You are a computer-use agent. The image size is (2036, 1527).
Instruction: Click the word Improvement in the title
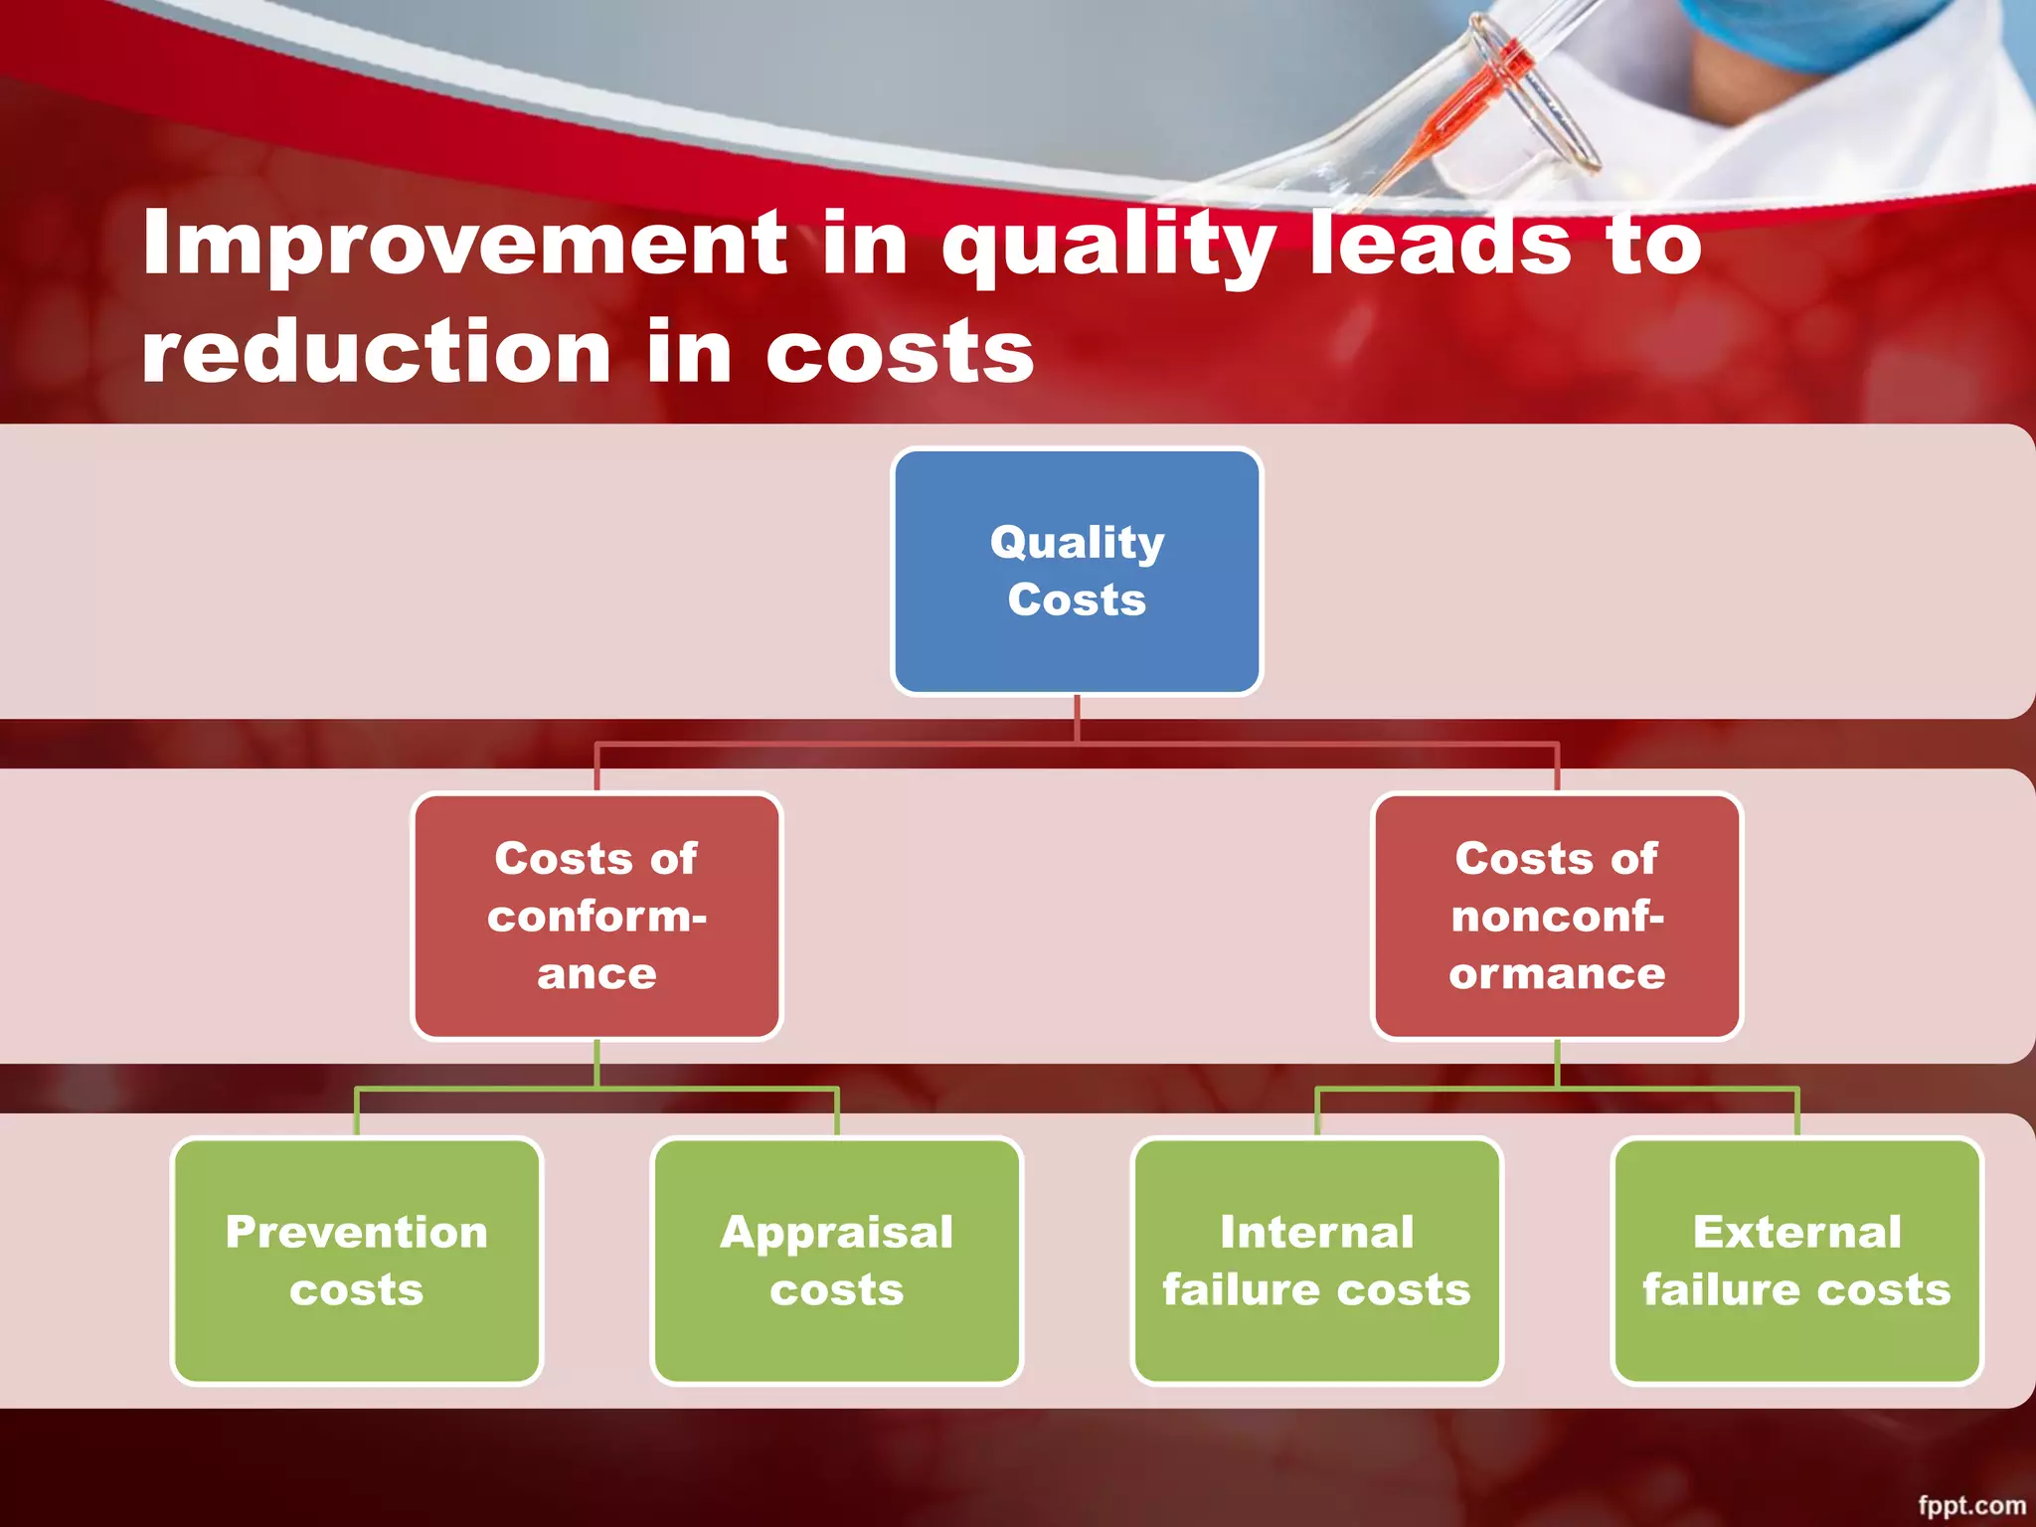[465, 245]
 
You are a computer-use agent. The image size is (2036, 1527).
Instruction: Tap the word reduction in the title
[376, 352]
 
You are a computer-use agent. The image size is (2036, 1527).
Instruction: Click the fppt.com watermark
[1970, 1504]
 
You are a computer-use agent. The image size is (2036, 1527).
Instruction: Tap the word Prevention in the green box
[357, 1233]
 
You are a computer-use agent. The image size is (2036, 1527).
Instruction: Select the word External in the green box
[1796, 1233]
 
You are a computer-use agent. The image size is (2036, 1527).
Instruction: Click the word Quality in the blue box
[1077, 543]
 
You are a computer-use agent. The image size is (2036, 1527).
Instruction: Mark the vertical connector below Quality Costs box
[1077, 718]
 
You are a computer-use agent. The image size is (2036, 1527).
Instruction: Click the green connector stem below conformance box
[596, 1064]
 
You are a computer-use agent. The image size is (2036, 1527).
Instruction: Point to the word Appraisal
[837, 1233]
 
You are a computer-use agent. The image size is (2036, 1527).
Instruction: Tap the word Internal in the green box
[1317, 1233]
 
